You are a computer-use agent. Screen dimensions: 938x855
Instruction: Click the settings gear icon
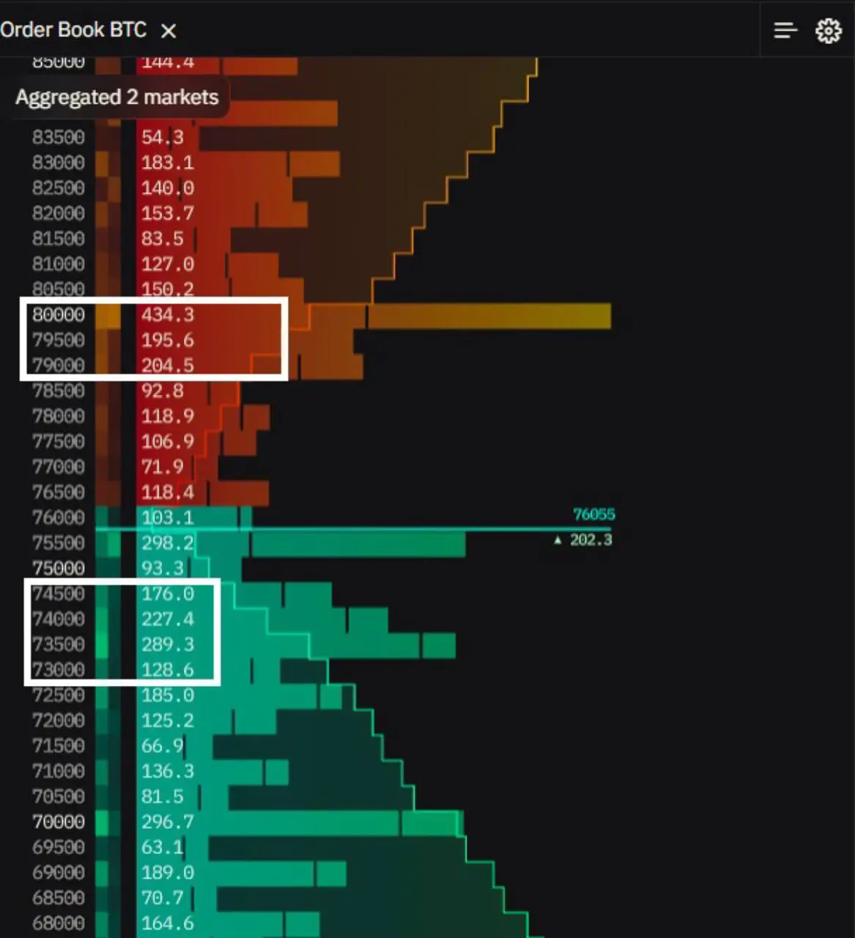pyautogui.click(x=829, y=31)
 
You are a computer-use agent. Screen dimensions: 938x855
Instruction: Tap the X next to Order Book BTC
pyautogui.click(x=169, y=31)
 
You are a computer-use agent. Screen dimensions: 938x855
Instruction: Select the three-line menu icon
pyautogui.click(x=785, y=31)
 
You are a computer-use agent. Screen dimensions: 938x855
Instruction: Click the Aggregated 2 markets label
pyautogui.click(x=117, y=97)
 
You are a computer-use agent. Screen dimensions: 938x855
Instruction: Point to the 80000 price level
pyautogui.click(x=59, y=315)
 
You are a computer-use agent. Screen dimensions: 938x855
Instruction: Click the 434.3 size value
pyautogui.click(x=168, y=315)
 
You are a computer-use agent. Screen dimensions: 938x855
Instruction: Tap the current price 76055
pyautogui.click(x=593, y=514)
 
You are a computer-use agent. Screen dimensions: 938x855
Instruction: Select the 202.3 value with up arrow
pyautogui.click(x=590, y=540)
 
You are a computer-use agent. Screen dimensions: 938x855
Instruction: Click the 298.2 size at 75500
pyautogui.click(x=168, y=543)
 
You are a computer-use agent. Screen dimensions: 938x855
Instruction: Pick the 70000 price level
pyautogui.click(x=59, y=822)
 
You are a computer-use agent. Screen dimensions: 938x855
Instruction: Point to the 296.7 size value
pyautogui.click(x=168, y=822)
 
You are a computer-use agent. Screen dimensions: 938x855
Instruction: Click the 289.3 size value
pyautogui.click(x=168, y=645)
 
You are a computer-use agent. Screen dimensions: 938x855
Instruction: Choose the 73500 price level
pyautogui.click(x=59, y=645)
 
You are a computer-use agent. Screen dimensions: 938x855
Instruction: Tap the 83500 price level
pyautogui.click(x=59, y=138)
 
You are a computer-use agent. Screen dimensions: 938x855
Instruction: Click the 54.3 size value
pyautogui.click(x=163, y=138)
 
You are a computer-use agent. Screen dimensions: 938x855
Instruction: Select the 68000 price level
pyautogui.click(x=59, y=923)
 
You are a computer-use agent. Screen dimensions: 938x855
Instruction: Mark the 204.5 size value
pyautogui.click(x=168, y=366)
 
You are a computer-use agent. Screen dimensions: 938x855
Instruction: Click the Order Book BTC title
pyautogui.click(x=73, y=30)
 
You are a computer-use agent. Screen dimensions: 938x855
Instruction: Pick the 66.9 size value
pyautogui.click(x=162, y=746)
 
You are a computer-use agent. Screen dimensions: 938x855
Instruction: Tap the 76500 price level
pyautogui.click(x=59, y=492)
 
